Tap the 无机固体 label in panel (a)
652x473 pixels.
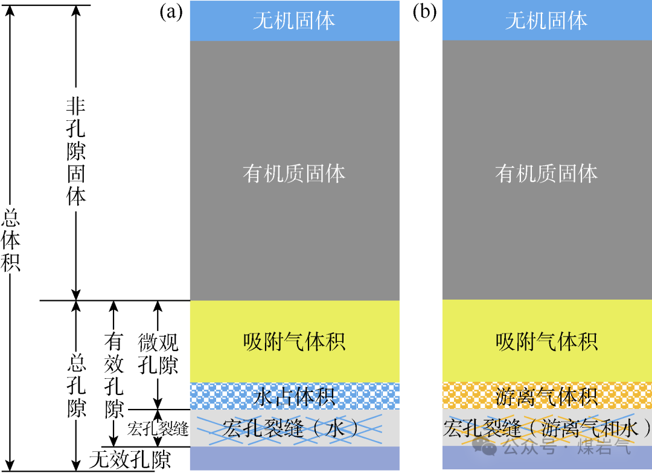[294, 22]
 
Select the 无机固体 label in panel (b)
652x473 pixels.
[546, 22]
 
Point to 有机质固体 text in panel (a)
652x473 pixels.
[294, 174]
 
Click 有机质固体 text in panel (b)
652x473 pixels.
[546, 174]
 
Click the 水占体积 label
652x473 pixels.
[294, 397]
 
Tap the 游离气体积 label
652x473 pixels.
[546, 397]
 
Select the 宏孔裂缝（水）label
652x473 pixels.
[294, 428]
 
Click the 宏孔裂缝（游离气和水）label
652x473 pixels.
[546, 429]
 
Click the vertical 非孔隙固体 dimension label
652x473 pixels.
[76, 152]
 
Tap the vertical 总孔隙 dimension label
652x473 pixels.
[76, 386]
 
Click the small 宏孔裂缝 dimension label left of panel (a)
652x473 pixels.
[159, 430]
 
